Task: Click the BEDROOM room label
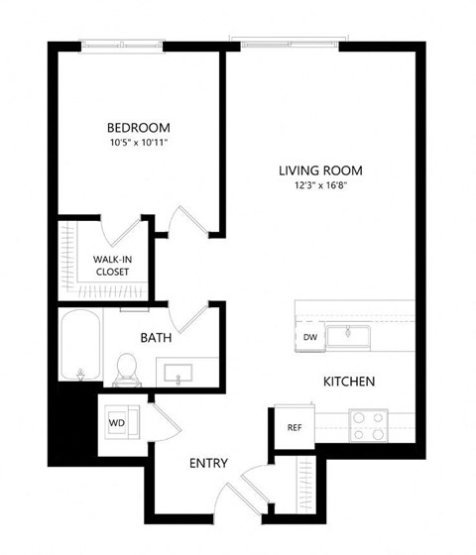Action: click(139, 128)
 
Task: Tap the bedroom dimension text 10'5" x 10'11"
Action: click(139, 144)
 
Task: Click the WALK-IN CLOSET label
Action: click(114, 265)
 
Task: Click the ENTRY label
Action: click(208, 463)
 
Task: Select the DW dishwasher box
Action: click(309, 337)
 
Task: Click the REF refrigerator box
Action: click(294, 428)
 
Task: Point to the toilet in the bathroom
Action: click(126, 367)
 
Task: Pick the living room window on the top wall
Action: click(289, 41)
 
